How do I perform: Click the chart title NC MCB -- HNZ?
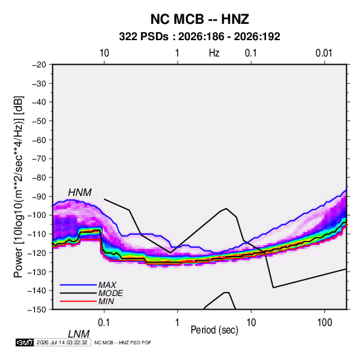(x=199, y=19)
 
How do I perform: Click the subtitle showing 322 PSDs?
(x=199, y=37)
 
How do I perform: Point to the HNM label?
(x=80, y=193)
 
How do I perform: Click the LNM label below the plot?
(x=78, y=334)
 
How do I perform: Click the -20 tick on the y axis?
(x=39, y=65)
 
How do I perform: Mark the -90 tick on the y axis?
(x=39, y=197)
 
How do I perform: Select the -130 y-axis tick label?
(x=37, y=272)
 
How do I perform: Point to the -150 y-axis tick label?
(x=37, y=310)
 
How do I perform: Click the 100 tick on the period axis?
(x=325, y=322)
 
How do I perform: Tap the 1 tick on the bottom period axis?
(x=178, y=322)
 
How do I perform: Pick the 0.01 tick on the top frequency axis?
(x=324, y=53)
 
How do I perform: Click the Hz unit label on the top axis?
(x=214, y=53)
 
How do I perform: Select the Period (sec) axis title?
(x=214, y=330)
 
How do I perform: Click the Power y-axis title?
(x=18, y=187)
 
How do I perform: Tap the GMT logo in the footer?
(x=24, y=342)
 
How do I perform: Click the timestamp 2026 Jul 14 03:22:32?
(x=62, y=342)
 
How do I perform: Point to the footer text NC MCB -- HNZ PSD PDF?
(x=122, y=342)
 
